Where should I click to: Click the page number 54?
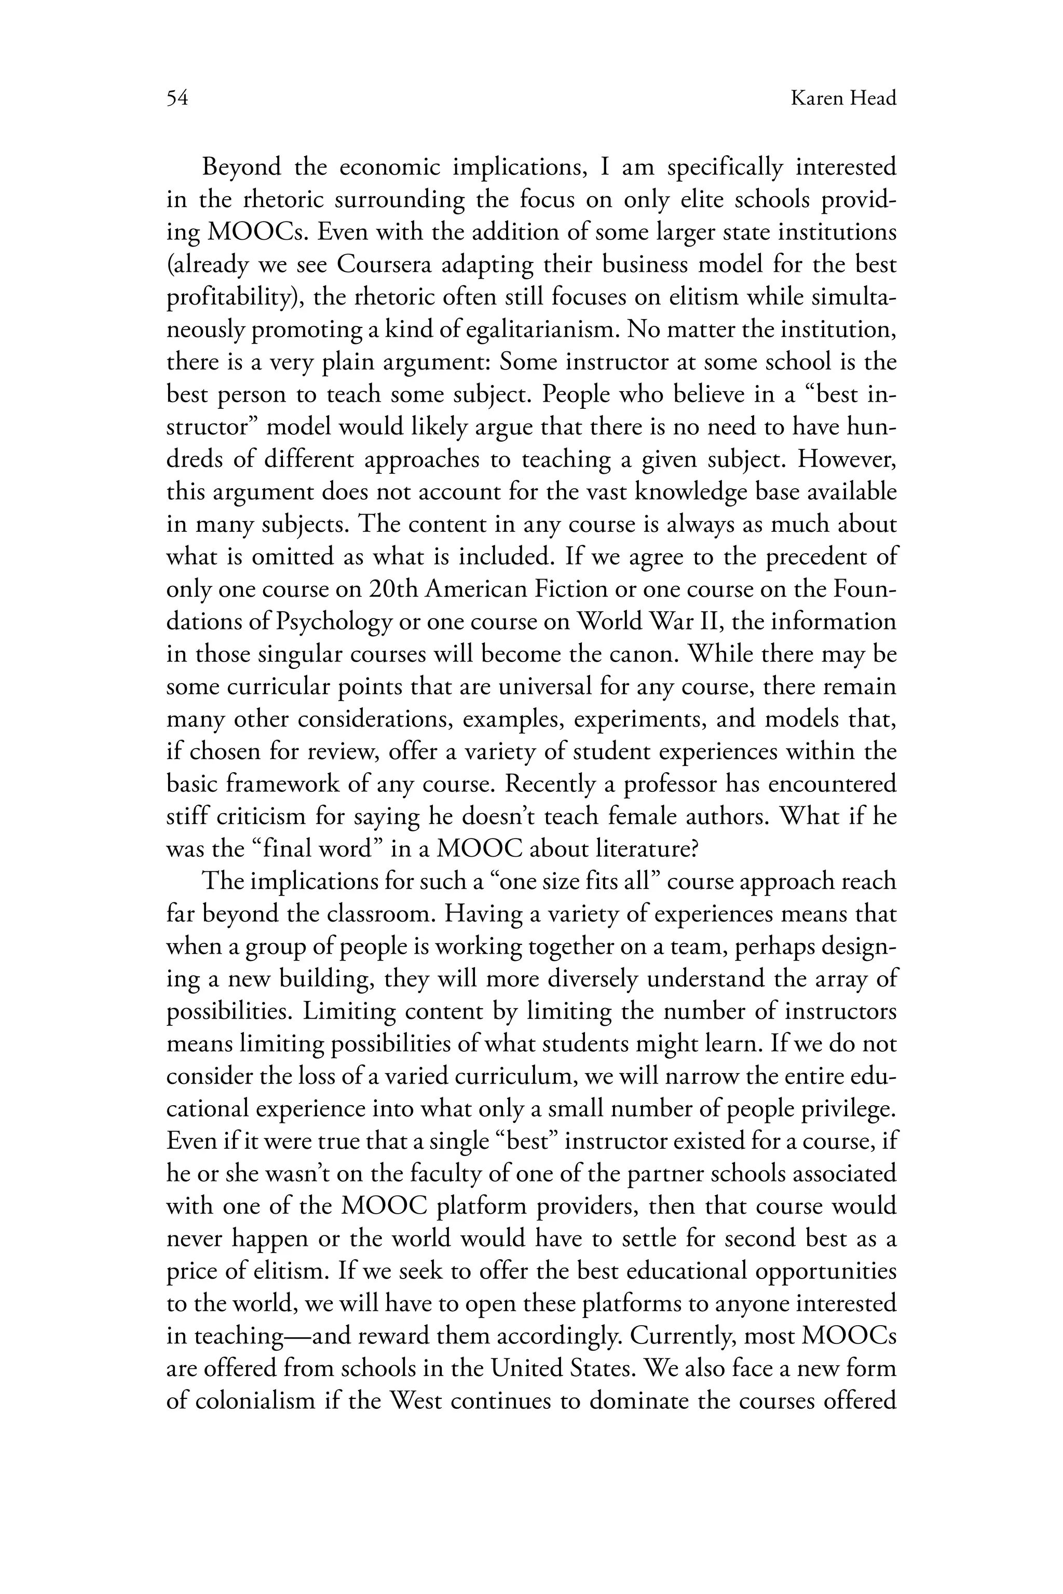[177, 99]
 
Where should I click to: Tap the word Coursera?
[384, 264]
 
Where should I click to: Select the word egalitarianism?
[527, 329]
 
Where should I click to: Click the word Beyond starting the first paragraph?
[241, 167]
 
